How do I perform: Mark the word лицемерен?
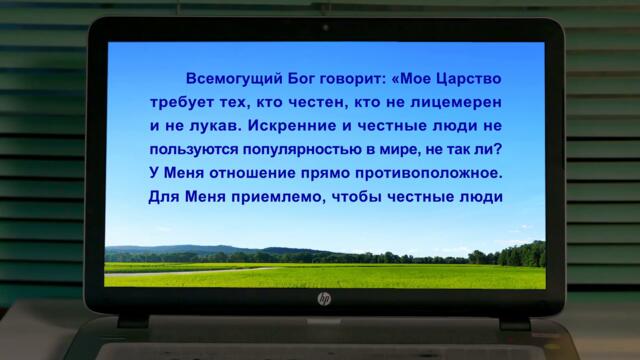(462, 104)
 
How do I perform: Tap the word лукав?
(181, 128)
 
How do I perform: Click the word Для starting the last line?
(151, 198)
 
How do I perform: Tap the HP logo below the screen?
(324, 299)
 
